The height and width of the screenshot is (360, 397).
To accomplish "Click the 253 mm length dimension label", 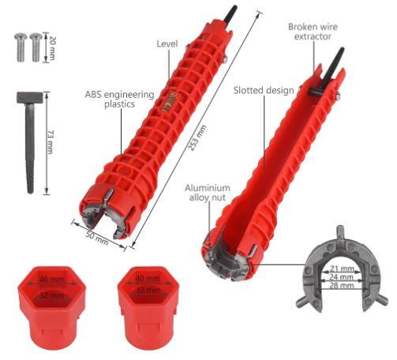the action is click(198, 138).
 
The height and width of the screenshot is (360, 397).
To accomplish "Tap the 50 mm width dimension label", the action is click(97, 238).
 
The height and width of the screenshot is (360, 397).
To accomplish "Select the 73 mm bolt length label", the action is click(51, 142).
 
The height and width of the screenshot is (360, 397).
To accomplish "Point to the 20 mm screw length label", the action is click(52, 47).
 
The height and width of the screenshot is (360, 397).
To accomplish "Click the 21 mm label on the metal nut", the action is click(342, 269).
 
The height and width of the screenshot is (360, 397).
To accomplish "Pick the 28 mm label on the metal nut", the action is click(342, 286).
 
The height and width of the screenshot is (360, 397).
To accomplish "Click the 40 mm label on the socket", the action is click(148, 278).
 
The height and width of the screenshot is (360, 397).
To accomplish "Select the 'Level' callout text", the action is click(167, 44).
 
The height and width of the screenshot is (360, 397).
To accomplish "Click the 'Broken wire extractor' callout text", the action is click(313, 32).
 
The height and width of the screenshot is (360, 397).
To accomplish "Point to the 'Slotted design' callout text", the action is click(264, 90).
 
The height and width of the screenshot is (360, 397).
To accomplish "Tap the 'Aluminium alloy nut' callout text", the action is click(208, 193).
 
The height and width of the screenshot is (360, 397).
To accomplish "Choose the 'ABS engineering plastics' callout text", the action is click(120, 99).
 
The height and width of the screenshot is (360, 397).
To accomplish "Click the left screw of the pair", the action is click(21, 47).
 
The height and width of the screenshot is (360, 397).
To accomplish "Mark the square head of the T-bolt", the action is click(30, 98).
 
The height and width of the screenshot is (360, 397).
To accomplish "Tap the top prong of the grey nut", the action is click(340, 231).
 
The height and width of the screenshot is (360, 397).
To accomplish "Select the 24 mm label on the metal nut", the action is click(342, 277).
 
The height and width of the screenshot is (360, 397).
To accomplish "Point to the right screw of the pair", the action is click(36, 47).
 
